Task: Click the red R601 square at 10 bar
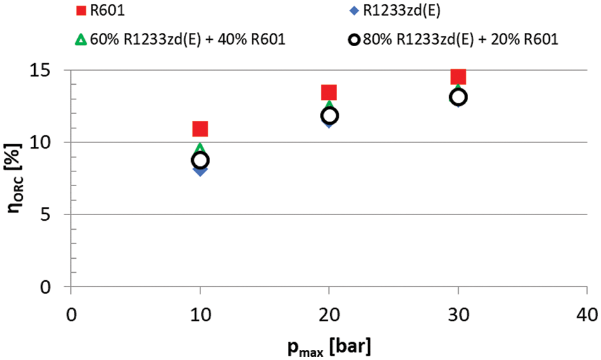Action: coord(200,129)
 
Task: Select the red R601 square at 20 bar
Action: coord(329,92)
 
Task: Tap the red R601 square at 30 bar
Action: coord(458,77)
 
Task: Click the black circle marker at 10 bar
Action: coord(200,161)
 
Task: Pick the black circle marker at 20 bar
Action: coord(329,116)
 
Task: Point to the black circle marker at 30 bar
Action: coord(458,97)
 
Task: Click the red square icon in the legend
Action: coord(80,10)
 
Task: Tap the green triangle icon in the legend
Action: coord(80,40)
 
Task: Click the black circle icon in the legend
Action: coord(354,40)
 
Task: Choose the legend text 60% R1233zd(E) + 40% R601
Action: coord(187,40)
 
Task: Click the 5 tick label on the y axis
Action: coord(54,214)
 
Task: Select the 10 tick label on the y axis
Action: coord(48,142)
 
